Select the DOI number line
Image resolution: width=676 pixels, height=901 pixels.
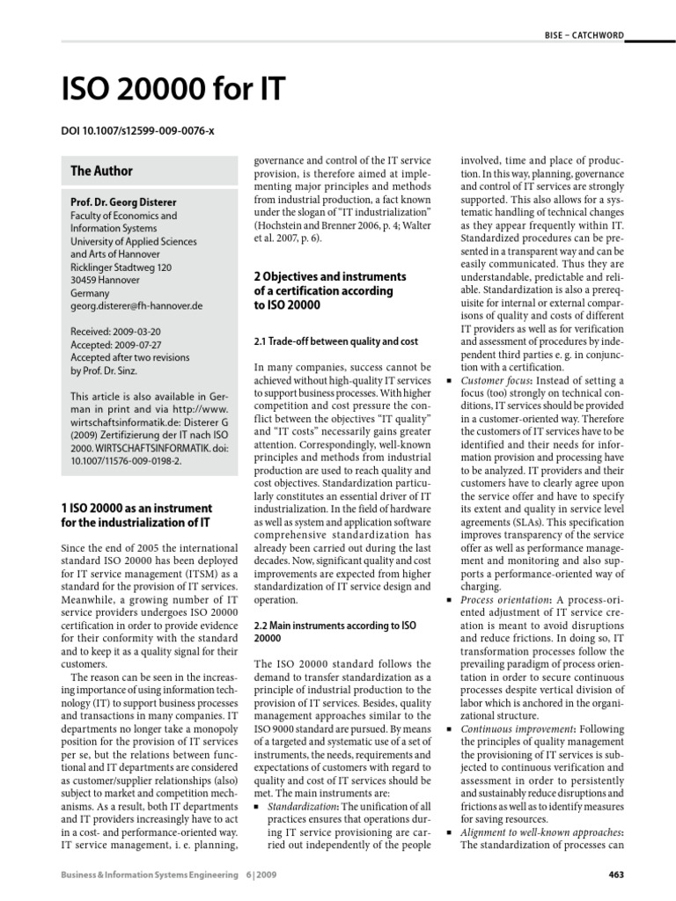click(137, 131)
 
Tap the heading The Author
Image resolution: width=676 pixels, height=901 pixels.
click(101, 172)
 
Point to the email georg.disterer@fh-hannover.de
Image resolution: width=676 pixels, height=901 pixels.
click(136, 305)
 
